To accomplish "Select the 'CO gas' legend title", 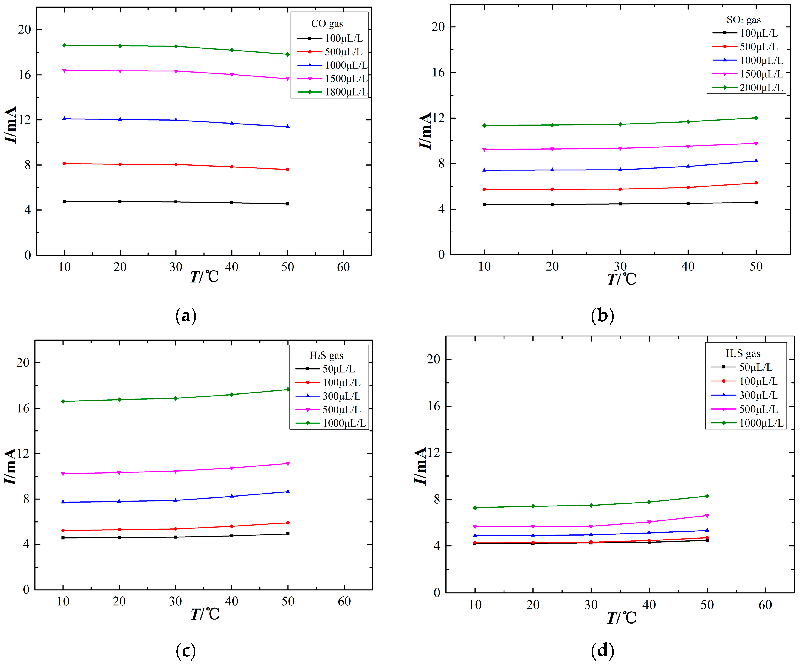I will (327, 24).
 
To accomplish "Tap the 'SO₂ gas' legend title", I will (743, 20).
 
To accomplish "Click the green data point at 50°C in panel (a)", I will (288, 54).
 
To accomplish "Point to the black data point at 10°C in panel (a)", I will (64, 201).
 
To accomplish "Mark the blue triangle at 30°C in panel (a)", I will (176, 120).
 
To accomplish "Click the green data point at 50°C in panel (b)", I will (756, 118).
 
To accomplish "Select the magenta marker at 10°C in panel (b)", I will (484, 149).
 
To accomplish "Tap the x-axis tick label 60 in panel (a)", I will (343, 267).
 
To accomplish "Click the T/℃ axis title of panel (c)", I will (205, 614).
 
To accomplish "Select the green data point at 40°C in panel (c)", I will (232, 394).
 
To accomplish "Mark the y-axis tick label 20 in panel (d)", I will (434, 359).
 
